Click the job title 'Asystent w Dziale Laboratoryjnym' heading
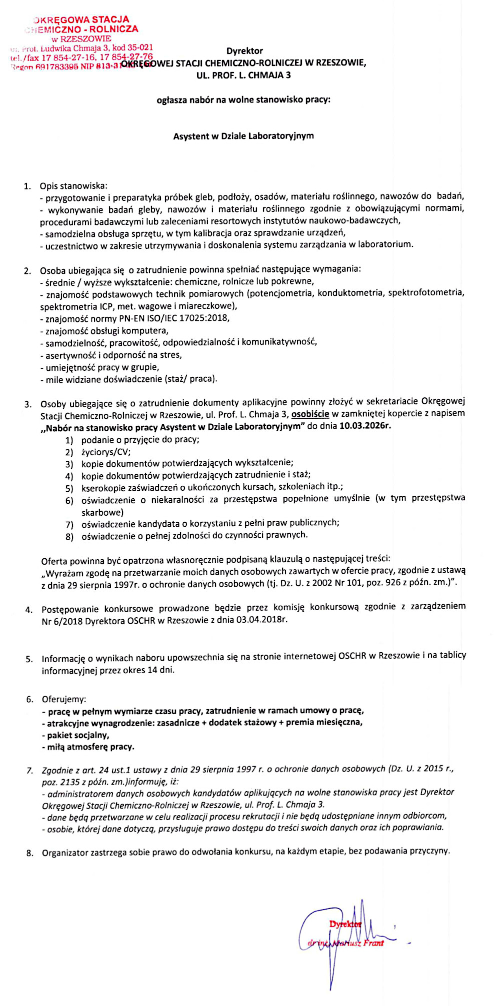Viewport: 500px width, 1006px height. coord(243,136)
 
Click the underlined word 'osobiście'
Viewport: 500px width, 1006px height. coord(310,413)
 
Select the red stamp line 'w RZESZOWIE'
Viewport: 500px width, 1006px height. coord(81,38)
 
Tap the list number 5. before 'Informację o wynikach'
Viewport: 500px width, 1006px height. coord(29,659)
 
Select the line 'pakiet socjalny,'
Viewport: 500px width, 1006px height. coord(78,735)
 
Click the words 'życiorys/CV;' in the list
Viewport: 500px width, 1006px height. coord(106,452)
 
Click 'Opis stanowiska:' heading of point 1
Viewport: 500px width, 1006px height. coord(73,186)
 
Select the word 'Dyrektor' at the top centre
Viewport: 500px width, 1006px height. coord(244,51)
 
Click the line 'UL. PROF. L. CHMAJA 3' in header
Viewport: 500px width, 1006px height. coord(243,75)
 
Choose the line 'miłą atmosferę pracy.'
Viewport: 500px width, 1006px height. coord(90,747)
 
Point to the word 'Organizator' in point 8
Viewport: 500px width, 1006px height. coord(65,852)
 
